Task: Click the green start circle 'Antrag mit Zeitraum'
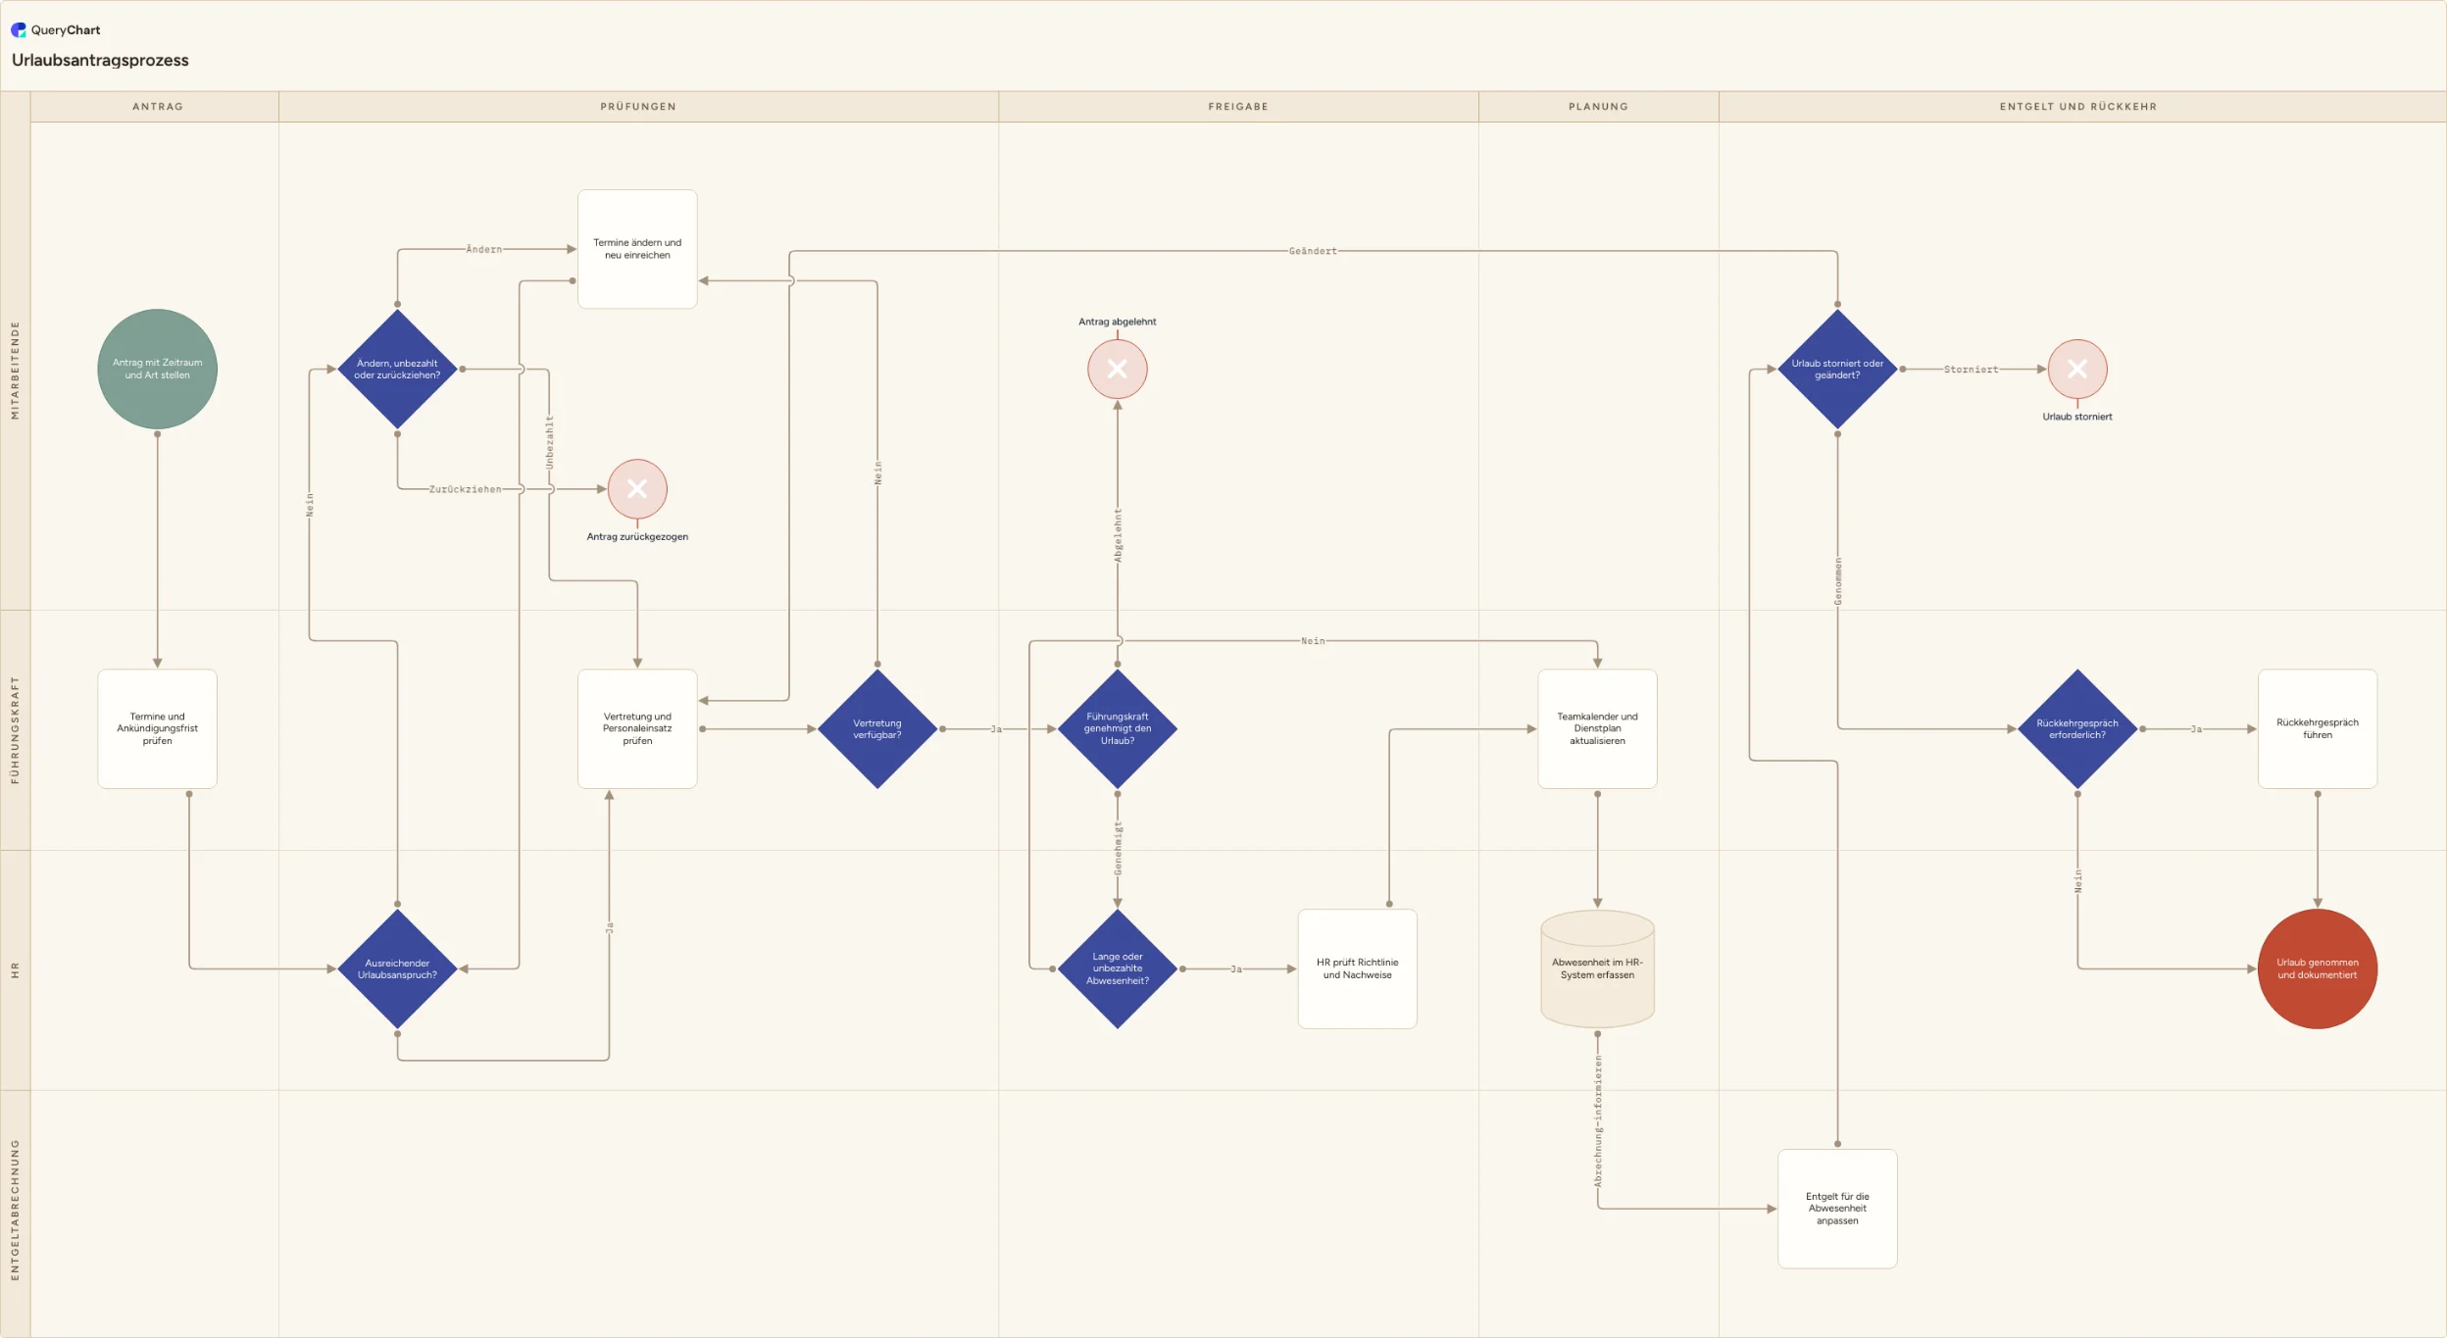(157, 369)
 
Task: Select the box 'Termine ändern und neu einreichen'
(637, 249)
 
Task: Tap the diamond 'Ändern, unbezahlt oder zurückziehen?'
(397, 369)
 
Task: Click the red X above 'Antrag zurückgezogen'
(637, 488)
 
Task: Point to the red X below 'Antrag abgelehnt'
(1117, 369)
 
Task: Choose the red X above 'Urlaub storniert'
(2076, 369)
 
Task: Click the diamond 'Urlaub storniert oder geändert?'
(1837, 369)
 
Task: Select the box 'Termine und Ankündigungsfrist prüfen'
(157, 728)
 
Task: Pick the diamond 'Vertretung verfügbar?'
(877, 728)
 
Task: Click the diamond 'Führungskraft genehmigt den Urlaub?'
(1117, 728)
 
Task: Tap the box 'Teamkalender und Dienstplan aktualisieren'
(1597, 728)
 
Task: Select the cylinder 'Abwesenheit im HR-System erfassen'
(1597, 968)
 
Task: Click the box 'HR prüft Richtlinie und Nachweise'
(1357, 968)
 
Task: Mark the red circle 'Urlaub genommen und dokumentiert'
(2317, 968)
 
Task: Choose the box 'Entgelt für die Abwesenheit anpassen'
(1837, 1209)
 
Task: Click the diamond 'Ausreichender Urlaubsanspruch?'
(397, 968)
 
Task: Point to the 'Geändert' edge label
(1313, 251)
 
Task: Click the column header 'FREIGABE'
(1238, 107)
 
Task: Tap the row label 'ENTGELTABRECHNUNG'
(15, 1210)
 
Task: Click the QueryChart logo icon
(19, 29)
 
